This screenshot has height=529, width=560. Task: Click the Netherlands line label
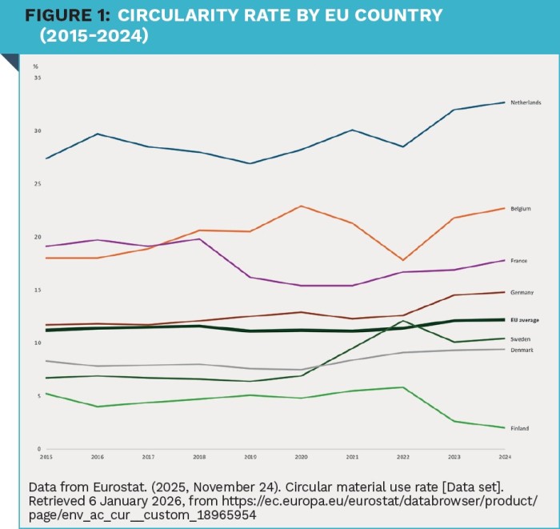click(x=526, y=102)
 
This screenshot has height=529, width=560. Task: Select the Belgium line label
click(x=521, y=208)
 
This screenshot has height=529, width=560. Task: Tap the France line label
click(x=518, y=260)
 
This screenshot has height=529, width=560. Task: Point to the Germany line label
click(x=522, y=292)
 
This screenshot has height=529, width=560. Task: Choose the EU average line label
click(x=524, y=319)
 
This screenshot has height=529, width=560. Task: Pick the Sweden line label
click(x=520, y=339)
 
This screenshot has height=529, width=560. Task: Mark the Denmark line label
click(x=522, y=350)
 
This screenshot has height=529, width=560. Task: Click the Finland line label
click(x=519, y=428)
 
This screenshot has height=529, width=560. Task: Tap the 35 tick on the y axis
click(x=37, y=78)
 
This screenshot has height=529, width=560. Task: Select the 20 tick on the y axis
click(x=37, y=237)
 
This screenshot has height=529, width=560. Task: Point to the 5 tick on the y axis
click(x=38, y=395)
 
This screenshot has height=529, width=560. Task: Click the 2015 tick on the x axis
click(x=46, y=457)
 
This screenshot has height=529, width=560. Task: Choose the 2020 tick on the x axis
click(x=300, y=457)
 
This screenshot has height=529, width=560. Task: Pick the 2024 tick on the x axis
click(x=503, y=457)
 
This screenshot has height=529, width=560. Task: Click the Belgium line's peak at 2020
click(x=300, y=206)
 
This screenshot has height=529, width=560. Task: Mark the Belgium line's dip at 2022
click(x=402, y=260)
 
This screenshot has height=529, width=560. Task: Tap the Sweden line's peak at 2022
click(x=402, y=321)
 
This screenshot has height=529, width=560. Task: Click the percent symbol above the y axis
click(x=36, y=66)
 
